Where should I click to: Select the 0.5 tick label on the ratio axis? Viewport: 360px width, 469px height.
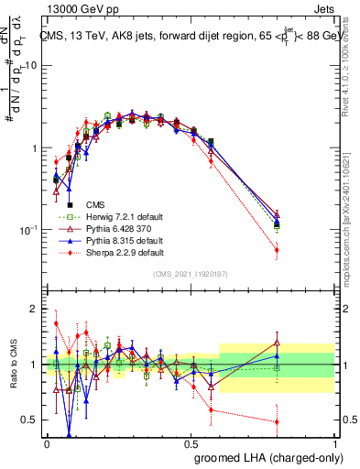[31, 420]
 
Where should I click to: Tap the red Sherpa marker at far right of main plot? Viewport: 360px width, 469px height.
[277, 249]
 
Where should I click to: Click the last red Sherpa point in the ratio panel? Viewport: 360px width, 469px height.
[277, 421]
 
